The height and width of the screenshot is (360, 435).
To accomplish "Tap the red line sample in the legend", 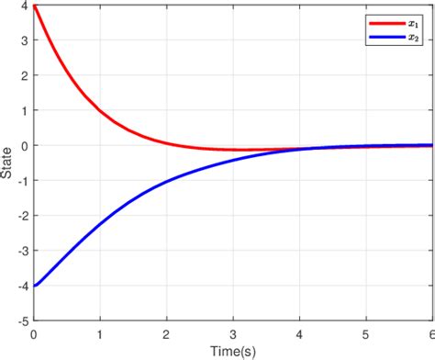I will [x=379, y=19].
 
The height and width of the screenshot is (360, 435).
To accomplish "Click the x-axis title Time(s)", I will [x=233, y=351].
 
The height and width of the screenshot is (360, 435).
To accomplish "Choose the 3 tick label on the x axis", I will [x=233, y=334].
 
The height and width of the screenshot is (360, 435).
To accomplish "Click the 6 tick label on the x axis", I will [x=431, y=334].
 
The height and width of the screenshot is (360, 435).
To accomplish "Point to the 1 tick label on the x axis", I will [x=100, y=334].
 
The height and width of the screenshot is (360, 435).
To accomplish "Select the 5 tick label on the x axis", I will [x=366, y=334].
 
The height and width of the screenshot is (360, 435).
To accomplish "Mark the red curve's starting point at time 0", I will [x=34, y=6].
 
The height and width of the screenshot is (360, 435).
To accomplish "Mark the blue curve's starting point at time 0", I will [x=34, y=286].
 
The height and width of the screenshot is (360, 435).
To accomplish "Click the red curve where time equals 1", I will [x=100, y=111].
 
